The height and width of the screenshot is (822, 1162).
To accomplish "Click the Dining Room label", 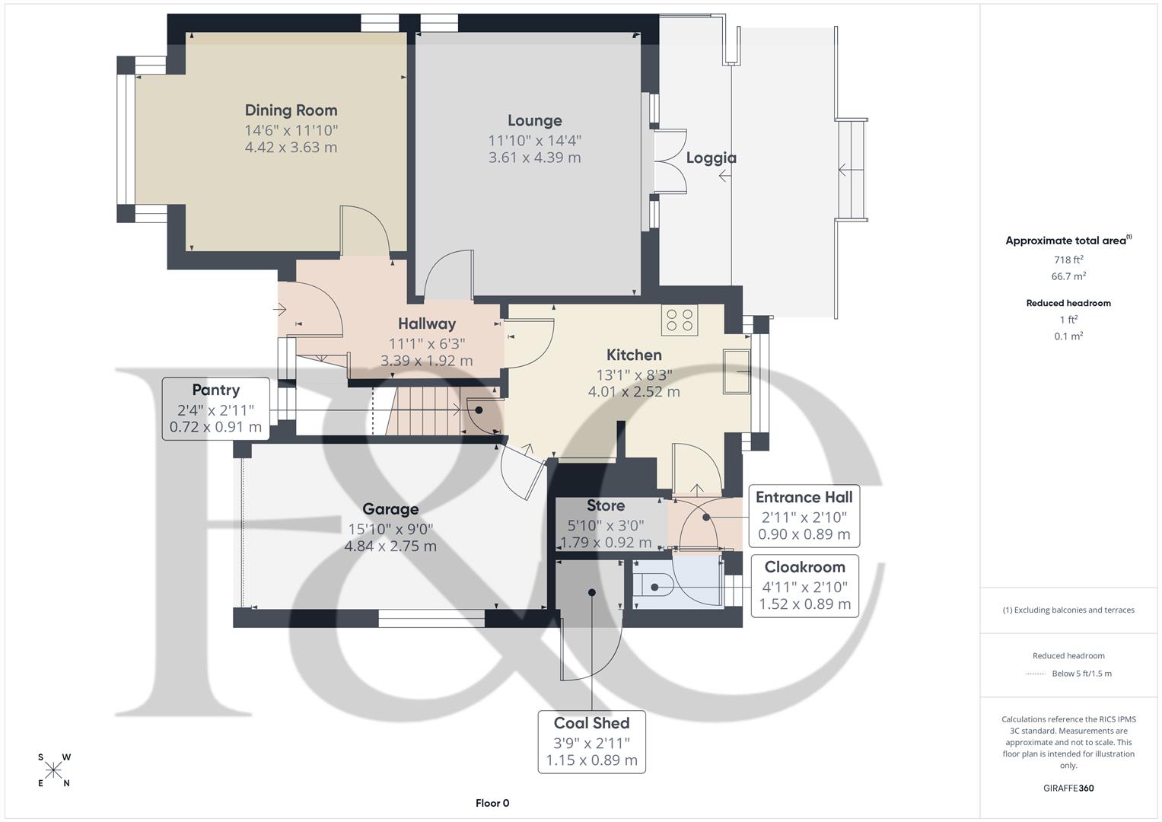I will [x=291, y=110].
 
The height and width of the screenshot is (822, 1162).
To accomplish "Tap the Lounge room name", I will [x=534, y=120].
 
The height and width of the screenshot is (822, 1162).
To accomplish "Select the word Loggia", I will [x=711, y=158].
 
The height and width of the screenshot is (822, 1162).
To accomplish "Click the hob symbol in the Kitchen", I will [x=680, y=320].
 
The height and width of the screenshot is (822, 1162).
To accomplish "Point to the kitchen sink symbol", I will [x=737, y=371].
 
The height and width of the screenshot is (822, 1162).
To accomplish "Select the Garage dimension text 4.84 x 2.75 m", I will [x=390, y=546].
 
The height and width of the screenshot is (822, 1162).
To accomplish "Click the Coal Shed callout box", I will [x=591, y=741].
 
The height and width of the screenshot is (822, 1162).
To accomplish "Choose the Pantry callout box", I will [x=215, y=408].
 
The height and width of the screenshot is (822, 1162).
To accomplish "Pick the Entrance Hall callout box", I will [x=804, y=515].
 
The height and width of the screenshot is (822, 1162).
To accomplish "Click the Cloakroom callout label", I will [x=804, y=567].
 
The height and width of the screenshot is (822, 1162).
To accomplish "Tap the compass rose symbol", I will [x=53, y=770].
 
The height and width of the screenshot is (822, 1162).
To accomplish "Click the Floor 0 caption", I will [x=492, y=803].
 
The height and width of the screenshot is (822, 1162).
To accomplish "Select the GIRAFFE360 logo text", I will [x=1068, y=788].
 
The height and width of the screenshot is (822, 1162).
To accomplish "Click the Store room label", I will [x=606, y=505].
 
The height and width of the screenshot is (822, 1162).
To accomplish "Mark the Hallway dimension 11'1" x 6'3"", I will [x=427, y=343].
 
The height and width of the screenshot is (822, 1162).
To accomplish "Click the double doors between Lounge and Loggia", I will [x=670, y=161].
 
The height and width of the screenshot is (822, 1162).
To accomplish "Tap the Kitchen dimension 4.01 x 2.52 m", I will [x=634, y=391].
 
